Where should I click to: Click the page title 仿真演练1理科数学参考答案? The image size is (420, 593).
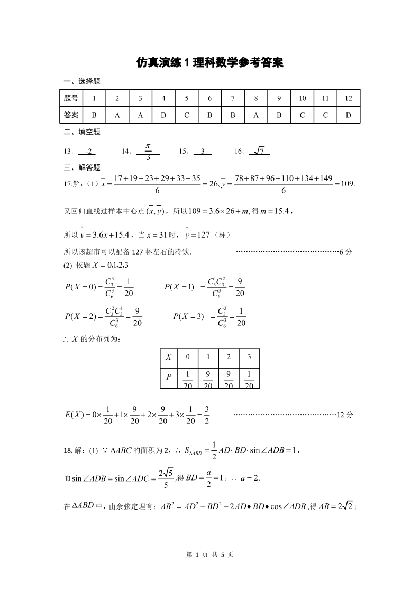click(x=210, y=62)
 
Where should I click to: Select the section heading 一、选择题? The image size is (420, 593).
click(x=81, y=81)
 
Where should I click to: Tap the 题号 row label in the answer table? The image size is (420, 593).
click(x=71, y=98)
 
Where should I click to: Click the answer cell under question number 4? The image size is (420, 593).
click(x=163, y=115)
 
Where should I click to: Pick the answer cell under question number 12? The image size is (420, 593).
click(x=348, y=115)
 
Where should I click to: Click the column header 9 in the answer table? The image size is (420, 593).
click(x=279, y=98)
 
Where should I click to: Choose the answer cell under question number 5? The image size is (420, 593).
click(x=187, y=115)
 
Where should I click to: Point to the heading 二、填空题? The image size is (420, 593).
click(x=81, y=132)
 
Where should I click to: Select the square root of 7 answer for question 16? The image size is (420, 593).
click(x=259, y=152)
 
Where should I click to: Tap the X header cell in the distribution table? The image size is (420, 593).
click(x=169, y=357)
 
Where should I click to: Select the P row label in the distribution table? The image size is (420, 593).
click(x=169, y=377)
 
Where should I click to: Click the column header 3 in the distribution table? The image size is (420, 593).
click(x=249, y=357)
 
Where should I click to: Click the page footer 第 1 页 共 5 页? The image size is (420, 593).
click(x=210, y=555)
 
